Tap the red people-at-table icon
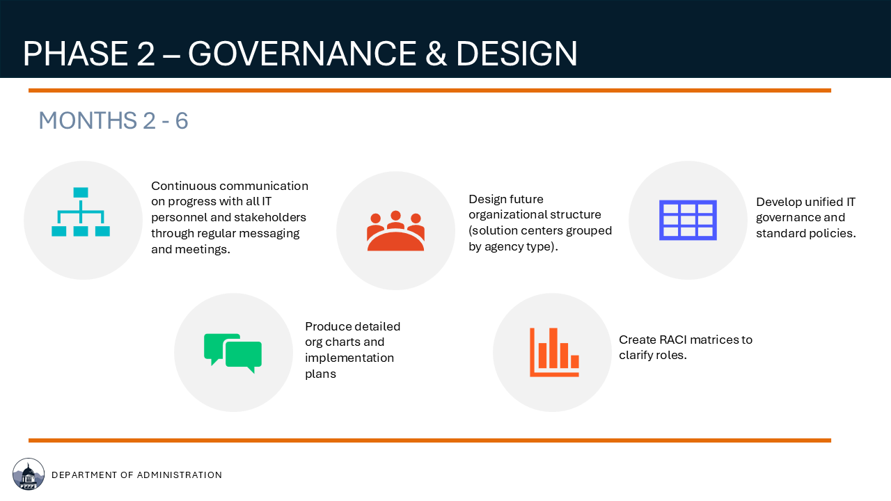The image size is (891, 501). [x=395, y=230]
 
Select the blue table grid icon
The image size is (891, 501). [x=688, y=220]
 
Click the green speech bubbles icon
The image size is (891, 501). [x=232, y=353]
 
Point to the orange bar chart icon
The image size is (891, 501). [x=554, y=352]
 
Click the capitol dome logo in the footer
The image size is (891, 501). [x=29, y=474]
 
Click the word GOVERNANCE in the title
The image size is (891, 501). [x=302, y=54]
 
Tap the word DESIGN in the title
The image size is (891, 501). [x=517, y=54]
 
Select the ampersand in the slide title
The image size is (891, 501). [x=436, y=54]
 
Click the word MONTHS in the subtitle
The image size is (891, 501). [x=88, y=120]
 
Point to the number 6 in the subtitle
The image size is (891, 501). [x=182, y=120]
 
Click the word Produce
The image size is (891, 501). [x=328, y=326]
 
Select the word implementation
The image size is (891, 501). [x=349, y=358]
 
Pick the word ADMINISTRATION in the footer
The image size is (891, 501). [x=180, y=475]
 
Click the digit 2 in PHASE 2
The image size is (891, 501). [x=145, y=54]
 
